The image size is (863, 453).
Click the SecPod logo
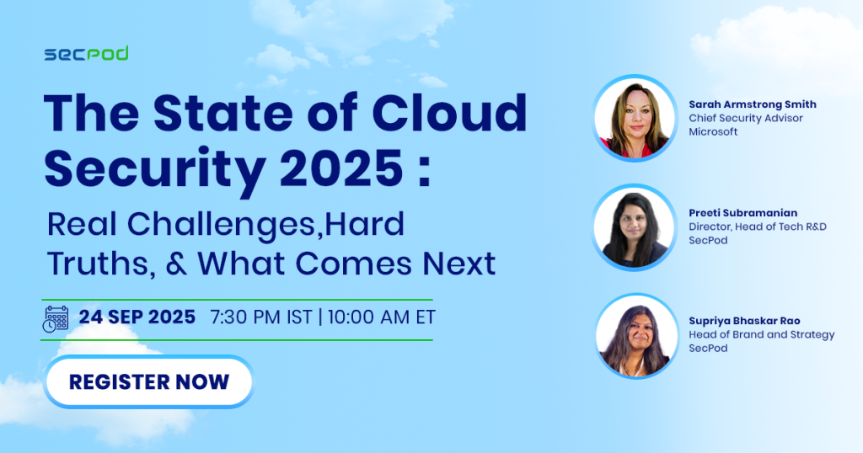[x=87, y=53]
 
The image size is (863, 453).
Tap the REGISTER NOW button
[x=148, y=381]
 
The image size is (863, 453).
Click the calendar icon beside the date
[x=56, y=319]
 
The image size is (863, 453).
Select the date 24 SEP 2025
[x=137, y=317]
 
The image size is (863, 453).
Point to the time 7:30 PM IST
[x=261, y=317]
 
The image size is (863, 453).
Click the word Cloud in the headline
[x=450, y=113]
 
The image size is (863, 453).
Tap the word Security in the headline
[x=155, y=170]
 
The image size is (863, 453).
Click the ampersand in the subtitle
[x=176, y=263]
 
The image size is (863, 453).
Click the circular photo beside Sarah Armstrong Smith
[x=635, y=118]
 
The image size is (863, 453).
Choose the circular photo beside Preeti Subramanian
[x=635, y=227]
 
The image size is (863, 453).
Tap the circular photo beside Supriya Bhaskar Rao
[x=636, y=336]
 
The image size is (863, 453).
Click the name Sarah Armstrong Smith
[x=753, y=104]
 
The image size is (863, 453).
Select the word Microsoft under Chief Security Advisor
[x=713, y=132]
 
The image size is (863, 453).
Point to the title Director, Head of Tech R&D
[x=758, y=226]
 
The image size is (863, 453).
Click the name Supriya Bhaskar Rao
[x=744, y=321]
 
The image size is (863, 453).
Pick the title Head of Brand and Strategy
[x=762, y=335]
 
